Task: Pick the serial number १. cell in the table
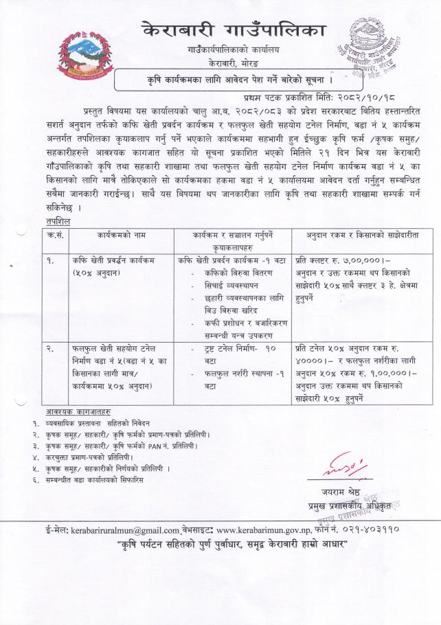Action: click(x=52, y=262)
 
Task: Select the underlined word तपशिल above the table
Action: click(x=53, y=221)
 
